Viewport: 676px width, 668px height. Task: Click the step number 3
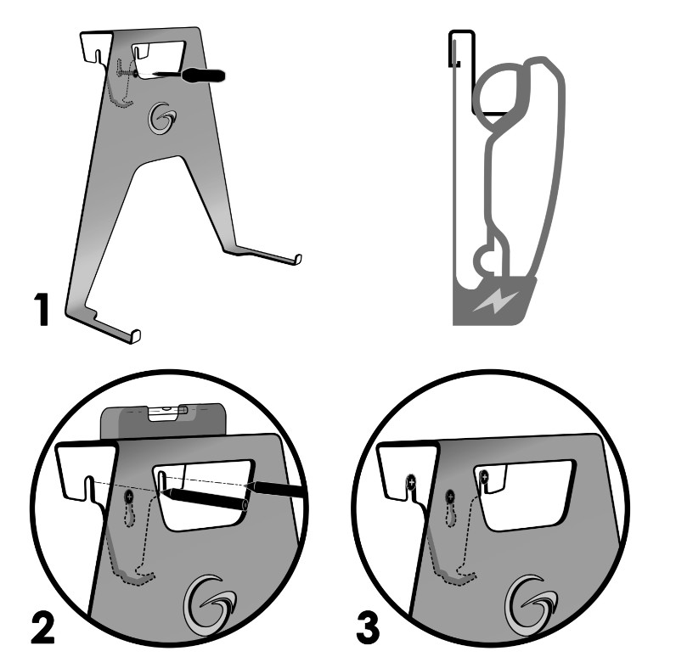368,628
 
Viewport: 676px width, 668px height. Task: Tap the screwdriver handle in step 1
203,75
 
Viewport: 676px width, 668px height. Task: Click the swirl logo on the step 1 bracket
162,118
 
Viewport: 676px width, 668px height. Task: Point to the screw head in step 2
129,497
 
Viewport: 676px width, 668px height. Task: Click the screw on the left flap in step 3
411,482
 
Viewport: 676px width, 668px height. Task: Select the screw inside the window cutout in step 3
485,477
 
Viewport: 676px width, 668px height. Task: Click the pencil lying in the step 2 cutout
204,499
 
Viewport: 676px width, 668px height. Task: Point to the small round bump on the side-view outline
484,260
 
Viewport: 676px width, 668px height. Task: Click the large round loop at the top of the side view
499,93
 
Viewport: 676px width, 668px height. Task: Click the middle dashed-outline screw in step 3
450,497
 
